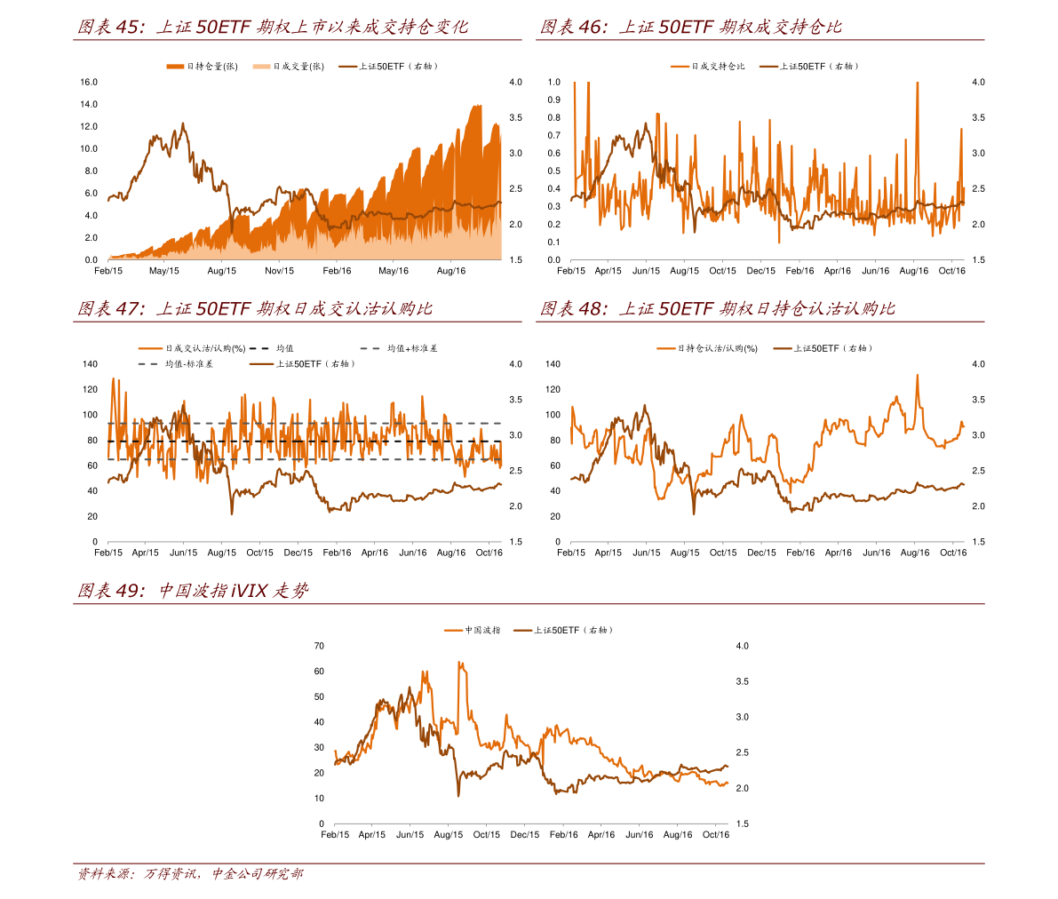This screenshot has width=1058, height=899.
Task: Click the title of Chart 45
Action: point(273,27)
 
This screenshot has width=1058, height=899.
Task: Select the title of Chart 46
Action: point(691,27)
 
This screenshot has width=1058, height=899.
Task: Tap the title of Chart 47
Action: point(256,308)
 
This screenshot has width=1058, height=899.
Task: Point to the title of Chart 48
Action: point(718,308)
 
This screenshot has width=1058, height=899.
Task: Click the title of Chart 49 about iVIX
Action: point(193,590)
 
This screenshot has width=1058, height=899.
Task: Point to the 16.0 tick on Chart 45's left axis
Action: point(89,82)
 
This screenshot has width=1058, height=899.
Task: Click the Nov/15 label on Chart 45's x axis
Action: point(280,271)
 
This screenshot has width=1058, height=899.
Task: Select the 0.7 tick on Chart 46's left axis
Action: point(554,135)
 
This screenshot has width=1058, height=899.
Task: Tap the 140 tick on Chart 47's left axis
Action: point(90,363)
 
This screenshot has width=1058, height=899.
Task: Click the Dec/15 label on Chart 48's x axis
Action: point(761,553)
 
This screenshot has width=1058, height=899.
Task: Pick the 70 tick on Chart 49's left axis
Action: point(319,646)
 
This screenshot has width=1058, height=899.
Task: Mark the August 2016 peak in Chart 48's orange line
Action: point(917,375)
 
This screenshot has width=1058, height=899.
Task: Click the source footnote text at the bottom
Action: point(190,874)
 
